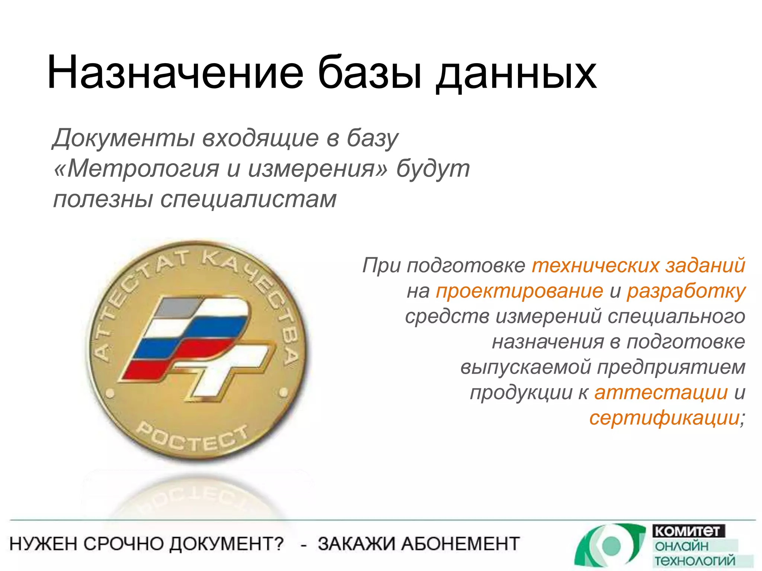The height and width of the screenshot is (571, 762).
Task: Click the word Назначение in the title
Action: pyautogui.click(x=175, y=72)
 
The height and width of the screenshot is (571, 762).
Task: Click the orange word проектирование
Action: pyautogui.click(x=519, y=291)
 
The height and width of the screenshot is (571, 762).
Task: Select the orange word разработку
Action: pyautogui.click(x=686, y=291)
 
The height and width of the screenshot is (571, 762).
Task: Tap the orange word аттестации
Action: pyautogui.click(x=661, y=393)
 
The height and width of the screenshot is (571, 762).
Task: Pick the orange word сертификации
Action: pyautogui.click(x=665, y=418)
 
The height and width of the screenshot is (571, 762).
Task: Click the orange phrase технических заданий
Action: pyautogui.click(x=638, y=265)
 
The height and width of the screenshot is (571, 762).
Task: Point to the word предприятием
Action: pyautogui.click(x=671, y=367)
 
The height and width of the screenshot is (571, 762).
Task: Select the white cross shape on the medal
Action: pyautogui.click(x=223, y=368)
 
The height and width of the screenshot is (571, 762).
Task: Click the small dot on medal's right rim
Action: pyautogui.click(x=284, y=392)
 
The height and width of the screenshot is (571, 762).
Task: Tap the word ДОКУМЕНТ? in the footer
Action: pyautogui.click(x=227, y=544)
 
